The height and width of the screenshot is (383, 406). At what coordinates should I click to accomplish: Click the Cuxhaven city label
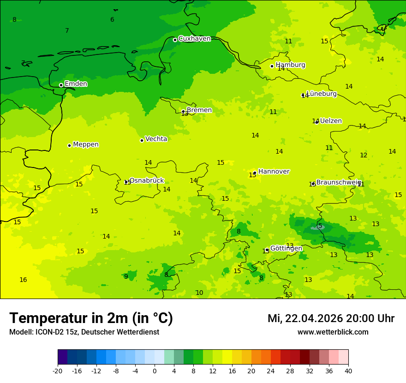coord(194,39)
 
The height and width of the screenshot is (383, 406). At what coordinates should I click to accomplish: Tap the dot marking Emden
coord(61,85)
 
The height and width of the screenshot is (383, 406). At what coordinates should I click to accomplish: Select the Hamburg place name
coord(290,65)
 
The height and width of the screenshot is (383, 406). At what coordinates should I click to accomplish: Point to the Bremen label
coord(199,110)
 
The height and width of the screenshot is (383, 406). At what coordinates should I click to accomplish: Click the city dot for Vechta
coord(142,140)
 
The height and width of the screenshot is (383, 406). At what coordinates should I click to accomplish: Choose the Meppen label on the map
coord(86,144)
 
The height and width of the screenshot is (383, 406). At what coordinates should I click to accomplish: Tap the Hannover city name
coord(274,172)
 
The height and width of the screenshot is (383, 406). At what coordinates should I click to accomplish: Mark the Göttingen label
coord(286,248)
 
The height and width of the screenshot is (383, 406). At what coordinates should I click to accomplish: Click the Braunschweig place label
coord(338,182)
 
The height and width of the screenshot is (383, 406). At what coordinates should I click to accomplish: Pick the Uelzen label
coord(331,121)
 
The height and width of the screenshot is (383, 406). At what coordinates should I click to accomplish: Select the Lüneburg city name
coord(322,94)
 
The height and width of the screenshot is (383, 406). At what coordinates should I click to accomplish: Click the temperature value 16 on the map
coord(23,280)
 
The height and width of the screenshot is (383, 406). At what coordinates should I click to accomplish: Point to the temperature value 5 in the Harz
coord(320,226)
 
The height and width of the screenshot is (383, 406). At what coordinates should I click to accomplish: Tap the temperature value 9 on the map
coord(126,276)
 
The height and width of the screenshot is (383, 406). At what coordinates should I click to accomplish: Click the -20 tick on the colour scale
coord(58,371)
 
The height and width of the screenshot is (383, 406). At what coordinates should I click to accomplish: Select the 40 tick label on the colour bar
coord(348,371)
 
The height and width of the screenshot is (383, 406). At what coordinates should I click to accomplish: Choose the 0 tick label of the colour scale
coord(155,371)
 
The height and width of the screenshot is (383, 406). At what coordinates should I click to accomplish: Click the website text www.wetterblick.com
coord(333,332)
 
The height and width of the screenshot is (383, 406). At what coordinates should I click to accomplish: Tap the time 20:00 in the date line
coord(357,318)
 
